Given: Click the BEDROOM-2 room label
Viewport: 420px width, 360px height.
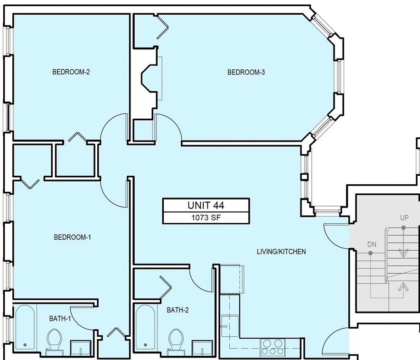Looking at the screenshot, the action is coord(71,72).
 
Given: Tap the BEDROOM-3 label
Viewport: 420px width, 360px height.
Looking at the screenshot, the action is coord(246,72).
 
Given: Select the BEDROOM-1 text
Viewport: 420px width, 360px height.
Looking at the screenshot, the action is coord(73,237).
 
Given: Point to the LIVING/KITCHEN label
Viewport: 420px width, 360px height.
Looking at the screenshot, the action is coord(281,252).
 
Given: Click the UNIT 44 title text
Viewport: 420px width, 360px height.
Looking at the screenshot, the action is coord(206,205).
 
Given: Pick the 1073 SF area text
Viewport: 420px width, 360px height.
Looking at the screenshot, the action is coord(206,218).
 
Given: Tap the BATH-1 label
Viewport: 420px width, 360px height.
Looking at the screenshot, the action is coord(60,319).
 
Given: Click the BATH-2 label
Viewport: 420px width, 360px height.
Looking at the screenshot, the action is coord(177,310).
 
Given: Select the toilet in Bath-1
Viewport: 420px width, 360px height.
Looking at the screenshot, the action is coord(55,340).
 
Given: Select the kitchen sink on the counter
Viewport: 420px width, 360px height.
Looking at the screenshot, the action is coord(230,326).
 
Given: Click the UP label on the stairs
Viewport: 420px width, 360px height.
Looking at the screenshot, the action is coord(404,218).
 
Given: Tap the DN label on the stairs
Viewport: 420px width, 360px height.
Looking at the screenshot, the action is coord(372,245).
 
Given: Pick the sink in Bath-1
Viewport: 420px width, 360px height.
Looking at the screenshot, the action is coord(81,348).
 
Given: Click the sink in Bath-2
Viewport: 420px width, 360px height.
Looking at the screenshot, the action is coord(203,348).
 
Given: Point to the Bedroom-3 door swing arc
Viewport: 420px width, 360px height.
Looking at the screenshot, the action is coord(174,122).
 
